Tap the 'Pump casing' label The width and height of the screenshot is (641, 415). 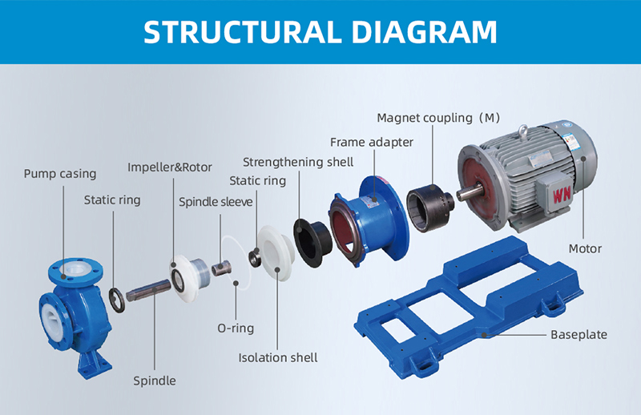[60, 173]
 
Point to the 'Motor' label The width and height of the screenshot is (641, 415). [585, 248]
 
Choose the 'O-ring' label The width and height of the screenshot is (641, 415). [237, 328]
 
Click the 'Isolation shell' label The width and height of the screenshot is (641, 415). [278, 357]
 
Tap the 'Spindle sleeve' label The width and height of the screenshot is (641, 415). [216, 201]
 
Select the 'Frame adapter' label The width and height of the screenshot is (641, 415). [372, 142]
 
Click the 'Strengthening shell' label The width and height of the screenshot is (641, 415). [298, 163]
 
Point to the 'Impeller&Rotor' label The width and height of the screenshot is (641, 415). [170, 167]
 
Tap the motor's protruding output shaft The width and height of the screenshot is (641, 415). [466, 193]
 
